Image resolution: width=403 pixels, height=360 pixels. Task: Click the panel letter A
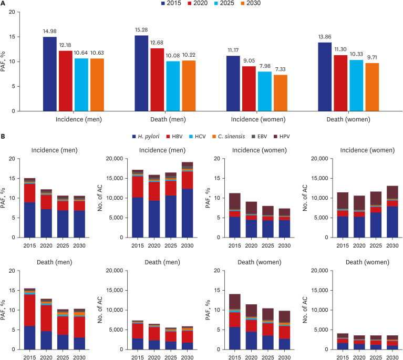pos(4,4)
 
